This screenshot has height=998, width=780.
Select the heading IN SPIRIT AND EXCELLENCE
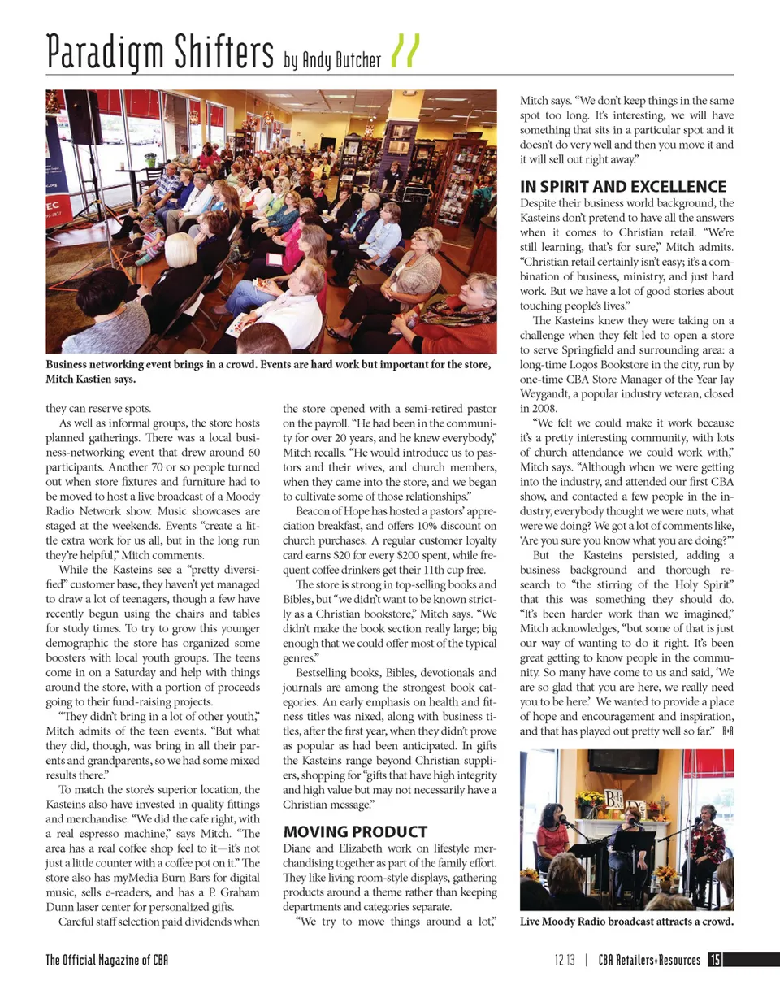(623, 187)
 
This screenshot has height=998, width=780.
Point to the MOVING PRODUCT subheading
(354, 832)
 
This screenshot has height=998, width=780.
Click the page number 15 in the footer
(714, 960)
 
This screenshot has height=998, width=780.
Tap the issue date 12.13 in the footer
(565, 960)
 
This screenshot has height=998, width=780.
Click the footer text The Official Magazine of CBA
(107, 960)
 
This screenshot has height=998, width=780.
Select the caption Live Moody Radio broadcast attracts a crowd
(626, 922)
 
